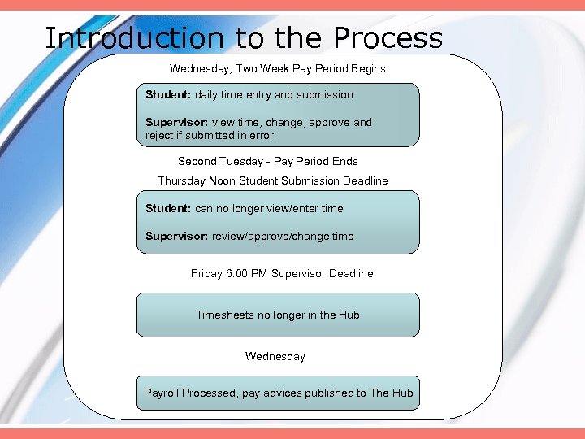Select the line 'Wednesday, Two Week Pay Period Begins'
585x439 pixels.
click(x=278, y=69)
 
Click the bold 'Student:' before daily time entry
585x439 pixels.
click(x=168, y=95)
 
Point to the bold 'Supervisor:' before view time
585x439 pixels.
click(x=177, y=123)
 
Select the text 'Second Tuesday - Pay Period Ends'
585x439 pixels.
click(x=268, y=162)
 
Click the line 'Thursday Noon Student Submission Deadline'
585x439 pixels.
click(x=273, y=181)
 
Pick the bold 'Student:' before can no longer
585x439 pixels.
click(x=168, y=209)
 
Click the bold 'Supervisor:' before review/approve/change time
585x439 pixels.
click(x=177, y=237)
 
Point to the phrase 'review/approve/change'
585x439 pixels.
click(x=271, y=237)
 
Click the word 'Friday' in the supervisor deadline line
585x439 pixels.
click(x=207, y=274)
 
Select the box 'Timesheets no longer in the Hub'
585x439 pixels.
click(x=278, y=315)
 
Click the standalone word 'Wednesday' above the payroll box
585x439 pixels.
click(x=275, y=357)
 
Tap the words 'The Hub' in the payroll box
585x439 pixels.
click(x=392, y=393)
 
